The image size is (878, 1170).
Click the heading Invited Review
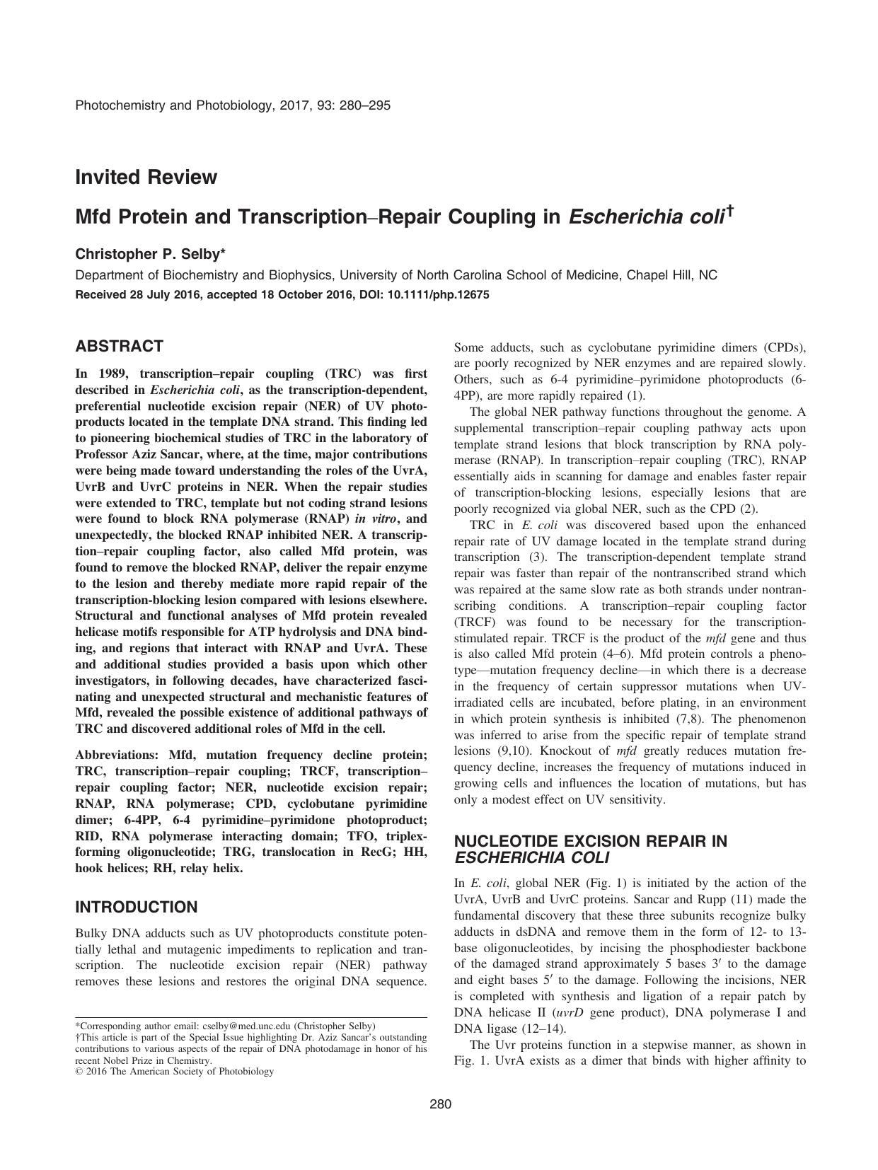146,177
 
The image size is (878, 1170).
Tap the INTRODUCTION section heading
136,907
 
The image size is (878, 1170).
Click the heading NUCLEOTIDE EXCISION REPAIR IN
590,841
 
